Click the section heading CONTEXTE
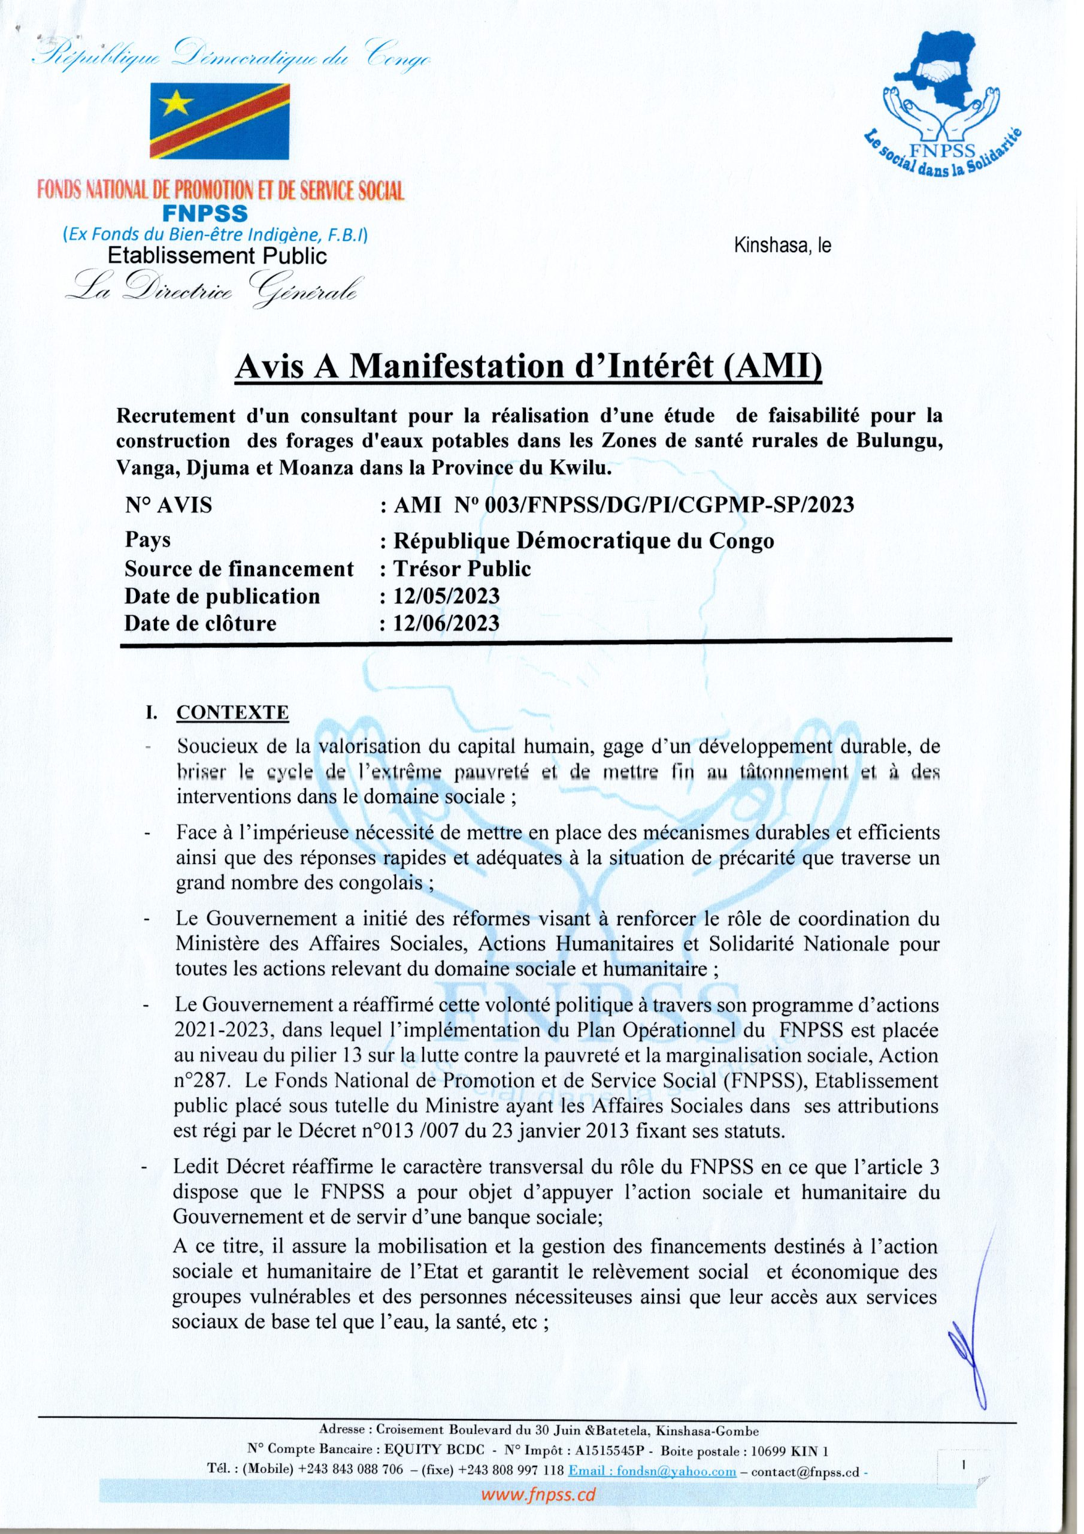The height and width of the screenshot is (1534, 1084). (x=232, y=713)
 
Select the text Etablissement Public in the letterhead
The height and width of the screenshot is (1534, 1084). (x=218, y=255)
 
